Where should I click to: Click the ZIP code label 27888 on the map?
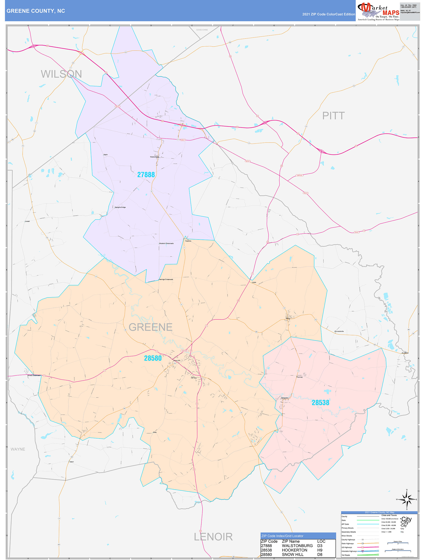[x=146, y=174]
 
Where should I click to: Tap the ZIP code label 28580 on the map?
[x=153, y=358]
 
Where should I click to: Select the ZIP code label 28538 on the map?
[x=320, y=403]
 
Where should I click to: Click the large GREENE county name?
[x=150, y=327]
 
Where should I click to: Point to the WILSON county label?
[x=61, y=74]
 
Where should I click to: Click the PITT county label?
[x=333, y=116]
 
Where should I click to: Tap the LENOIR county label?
[x=213, y=537]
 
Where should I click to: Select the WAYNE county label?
[x=18, y=449]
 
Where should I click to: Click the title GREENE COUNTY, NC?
[x=36, y=11]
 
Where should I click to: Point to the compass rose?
[x=407, y=499]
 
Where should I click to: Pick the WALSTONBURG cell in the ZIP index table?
[x=297, y=546]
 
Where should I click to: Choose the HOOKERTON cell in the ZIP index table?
[x=294, y=550]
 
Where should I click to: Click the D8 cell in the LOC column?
[x=320, y=554]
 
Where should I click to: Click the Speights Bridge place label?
[x=120, y=207]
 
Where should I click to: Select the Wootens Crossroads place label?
[x=166, y=243]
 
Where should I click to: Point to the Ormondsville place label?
[x=339, y=331]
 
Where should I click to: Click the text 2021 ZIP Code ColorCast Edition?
[x=329, y=14]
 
